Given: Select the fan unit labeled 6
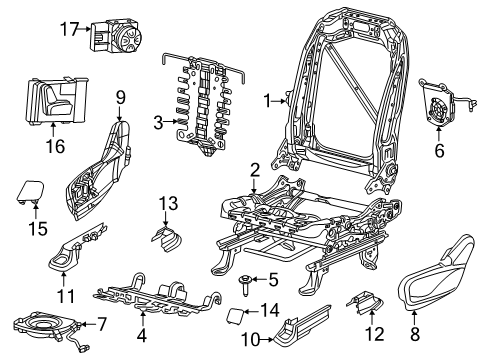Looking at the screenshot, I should (x=439, y=101).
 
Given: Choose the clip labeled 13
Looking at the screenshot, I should (x=168, y=239).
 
